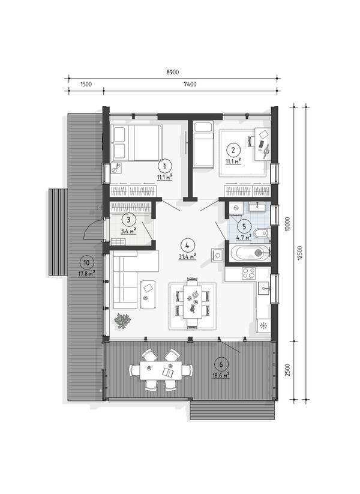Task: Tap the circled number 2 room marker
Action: pos(233,149)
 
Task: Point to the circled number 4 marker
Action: pos(187,245)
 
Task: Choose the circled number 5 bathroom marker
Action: pos(245,226)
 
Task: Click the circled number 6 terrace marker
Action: pos(221,364)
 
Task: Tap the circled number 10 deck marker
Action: pos(87,262)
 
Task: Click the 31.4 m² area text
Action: pos(187,256)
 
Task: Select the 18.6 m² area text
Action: pos(221,376)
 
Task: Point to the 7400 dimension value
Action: pos(190,84)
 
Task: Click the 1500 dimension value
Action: pos(86,84)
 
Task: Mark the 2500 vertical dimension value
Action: pos(287,370)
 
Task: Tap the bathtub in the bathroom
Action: pos(250,252)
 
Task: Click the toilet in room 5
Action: pos(261,233)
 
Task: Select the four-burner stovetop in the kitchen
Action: pos(248,273)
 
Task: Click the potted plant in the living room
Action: pos(122,321)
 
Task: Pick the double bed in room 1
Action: pos(136,143)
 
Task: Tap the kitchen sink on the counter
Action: pos(264,288)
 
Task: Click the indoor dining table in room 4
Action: pos(193,303)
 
